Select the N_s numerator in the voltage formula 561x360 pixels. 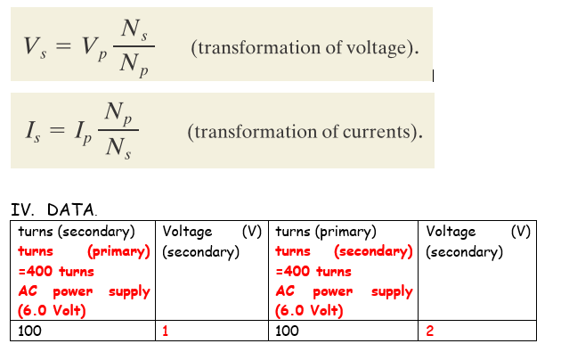tap(134, 32)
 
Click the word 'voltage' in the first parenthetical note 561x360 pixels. tap(363, 48)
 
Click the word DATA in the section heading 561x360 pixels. tap(70, 210)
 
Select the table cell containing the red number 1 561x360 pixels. tap(212, 331)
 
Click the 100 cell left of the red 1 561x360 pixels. tap(85, 331)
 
